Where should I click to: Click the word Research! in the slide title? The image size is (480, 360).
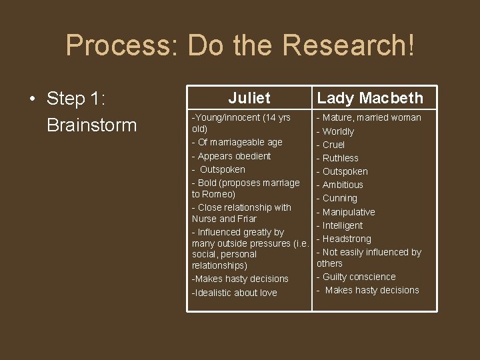(348, 45)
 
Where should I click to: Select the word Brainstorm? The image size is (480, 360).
(91, 125)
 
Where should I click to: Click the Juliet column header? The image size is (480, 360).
(249, 98)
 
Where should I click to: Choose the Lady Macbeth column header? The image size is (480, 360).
(370, 98)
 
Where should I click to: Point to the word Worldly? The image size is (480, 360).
(338, 131)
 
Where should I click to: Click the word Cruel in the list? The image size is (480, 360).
(333, 145)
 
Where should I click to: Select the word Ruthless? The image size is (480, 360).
(340, 158)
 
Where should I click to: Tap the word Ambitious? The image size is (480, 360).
(343, 185)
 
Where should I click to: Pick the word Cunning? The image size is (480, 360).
(339, 198)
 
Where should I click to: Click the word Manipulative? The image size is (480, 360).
(349, 212)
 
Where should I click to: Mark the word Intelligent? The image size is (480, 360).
(343, 225)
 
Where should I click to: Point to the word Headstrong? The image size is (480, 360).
(347, 239)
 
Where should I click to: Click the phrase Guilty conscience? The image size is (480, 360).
(359, 277)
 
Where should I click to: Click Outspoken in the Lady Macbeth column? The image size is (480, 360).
(345, 171)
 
